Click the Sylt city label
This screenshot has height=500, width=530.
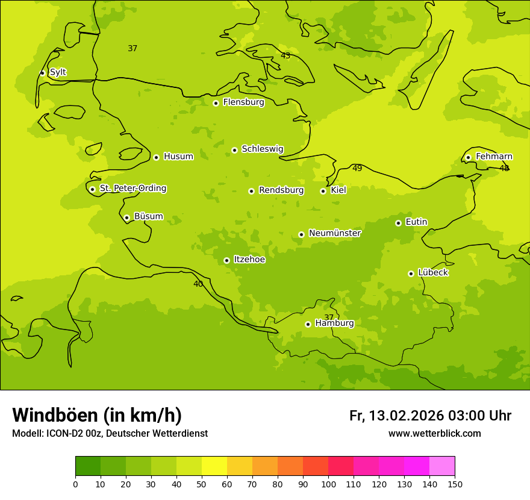(x=58, y=72)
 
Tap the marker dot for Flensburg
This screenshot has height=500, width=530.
(x=216, y=103)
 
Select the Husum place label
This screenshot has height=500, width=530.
(x=178, y=157)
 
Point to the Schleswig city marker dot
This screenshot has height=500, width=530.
(x=234, y=150)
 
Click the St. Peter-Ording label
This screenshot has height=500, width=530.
(x=133, y=189)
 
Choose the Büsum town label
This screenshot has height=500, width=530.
(x=148, y=216)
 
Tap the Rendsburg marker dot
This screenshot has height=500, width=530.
(x=251, y=191)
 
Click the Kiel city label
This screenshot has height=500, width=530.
(x=338, y=190)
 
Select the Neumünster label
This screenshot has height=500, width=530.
(x=335, y=233)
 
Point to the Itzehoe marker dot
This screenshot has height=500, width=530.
(x=226, y=260)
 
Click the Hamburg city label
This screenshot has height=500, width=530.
(x=335, y=323)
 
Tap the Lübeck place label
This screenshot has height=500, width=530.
(x=433, y=273)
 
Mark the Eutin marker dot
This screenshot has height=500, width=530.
(x=398, y=223)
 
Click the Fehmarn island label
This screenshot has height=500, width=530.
(x=494, y=157)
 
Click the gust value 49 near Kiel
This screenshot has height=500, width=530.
(x=357, y=169)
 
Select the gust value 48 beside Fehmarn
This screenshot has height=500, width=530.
(x=504, y=169)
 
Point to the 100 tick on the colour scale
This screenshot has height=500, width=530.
(x=328, y=484)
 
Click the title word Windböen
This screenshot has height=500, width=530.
(x=55, y=415)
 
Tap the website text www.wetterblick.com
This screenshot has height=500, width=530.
(x=434, y=434)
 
